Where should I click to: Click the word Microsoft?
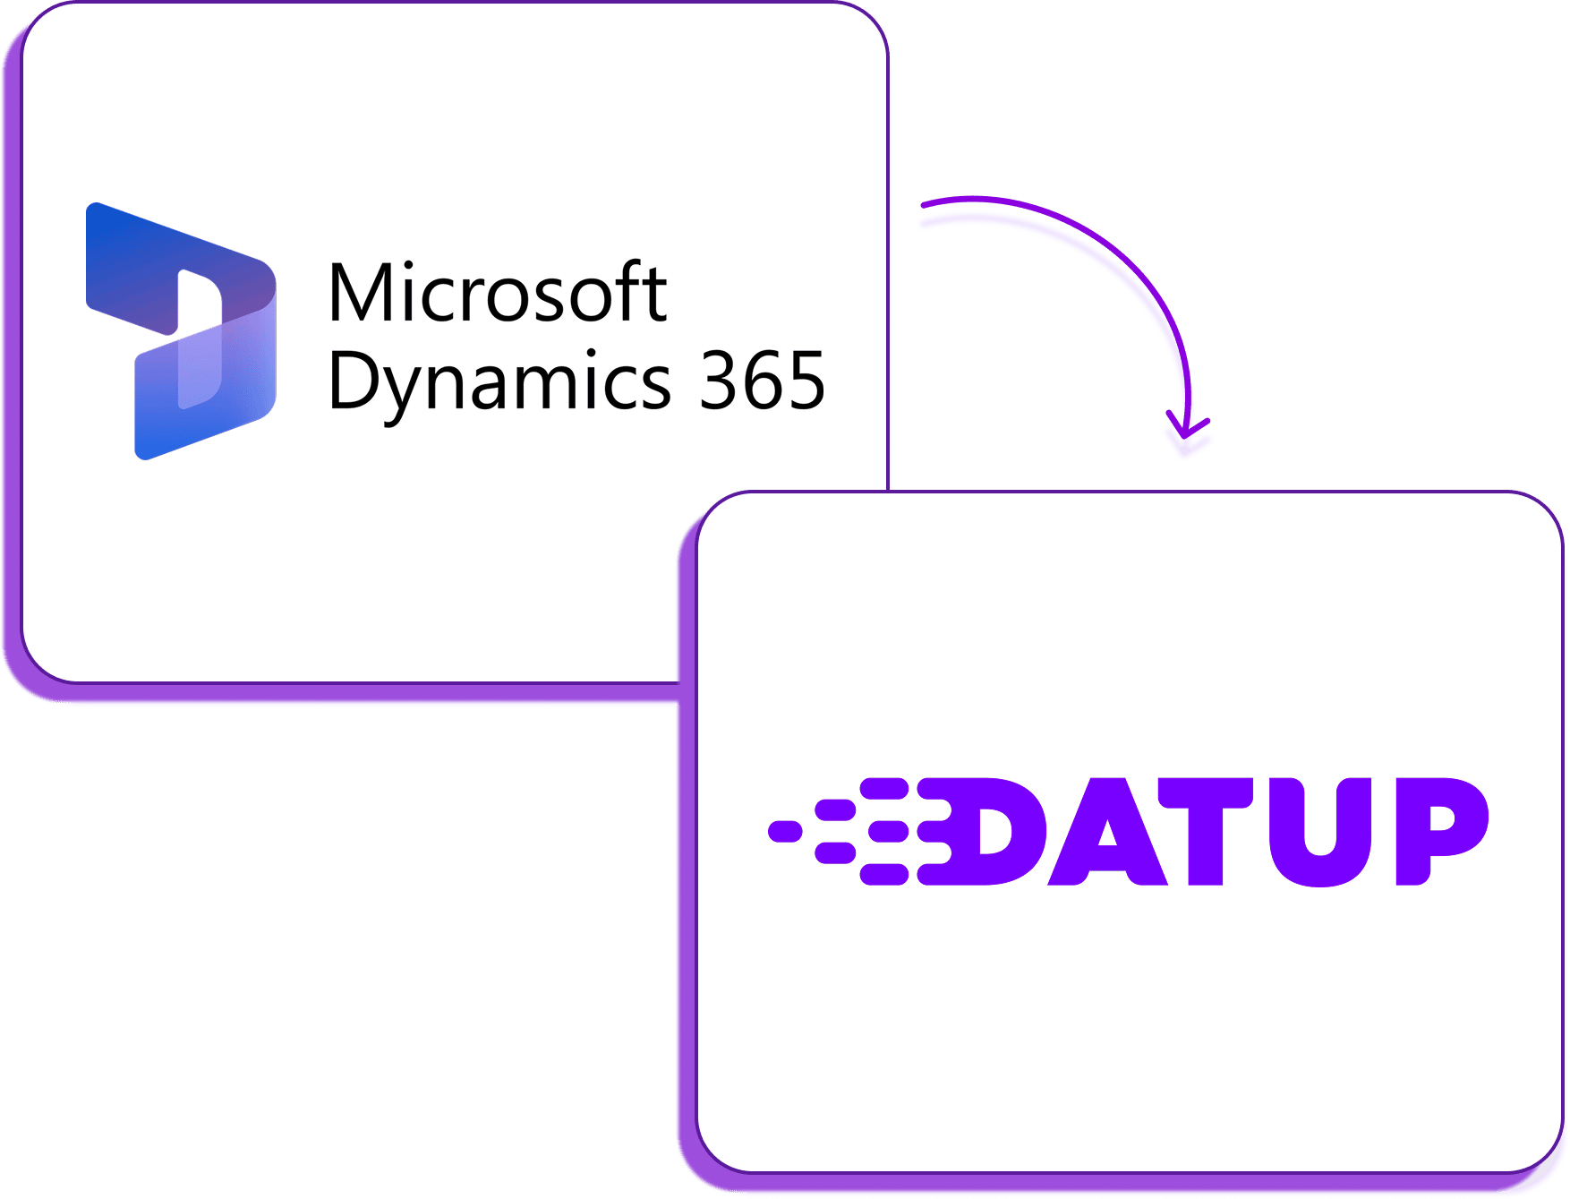pos(498,293)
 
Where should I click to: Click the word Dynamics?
pos(499,382)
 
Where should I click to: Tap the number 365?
pos(762,381)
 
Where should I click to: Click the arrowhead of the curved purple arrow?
pos(1187,433)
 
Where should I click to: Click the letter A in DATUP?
pos(1107,832)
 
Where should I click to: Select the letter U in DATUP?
pos(1320,832)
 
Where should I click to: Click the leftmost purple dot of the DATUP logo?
pos(785,831)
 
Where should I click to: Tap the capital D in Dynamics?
pos(354,381)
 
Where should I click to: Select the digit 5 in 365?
pos(804,382)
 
